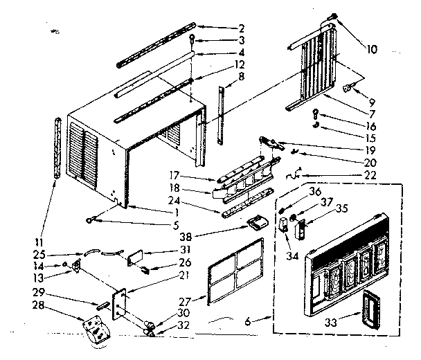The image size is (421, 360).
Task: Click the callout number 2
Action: (240, 28)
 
